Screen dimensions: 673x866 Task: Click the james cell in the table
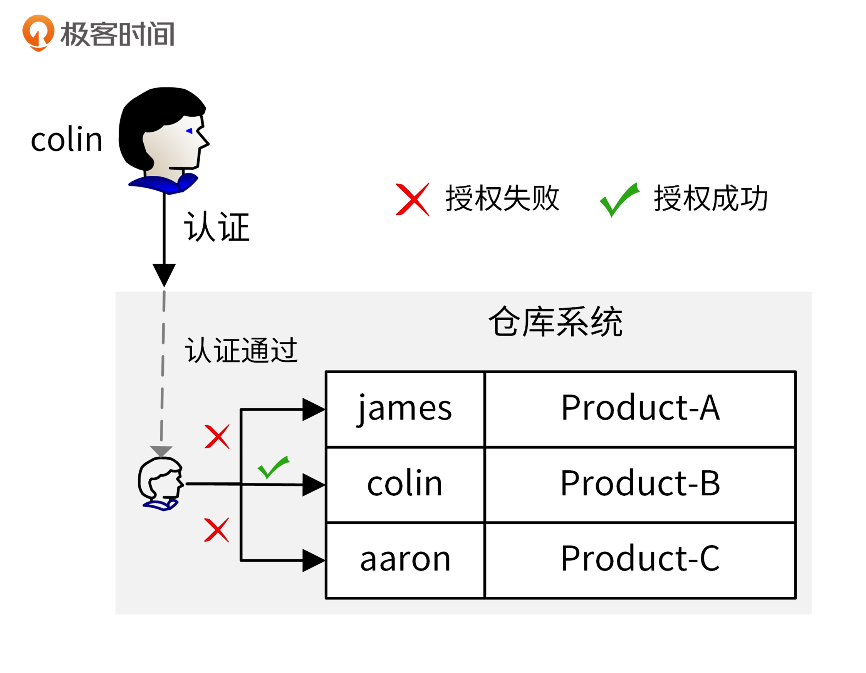405,408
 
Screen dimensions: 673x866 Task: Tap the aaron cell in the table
405,560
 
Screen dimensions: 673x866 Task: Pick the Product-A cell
640,408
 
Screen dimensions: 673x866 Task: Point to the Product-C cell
640,560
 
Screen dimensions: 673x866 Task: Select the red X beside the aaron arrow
216,530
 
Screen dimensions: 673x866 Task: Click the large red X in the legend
412,199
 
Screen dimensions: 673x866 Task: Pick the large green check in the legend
619,199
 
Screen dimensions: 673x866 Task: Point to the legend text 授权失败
502,198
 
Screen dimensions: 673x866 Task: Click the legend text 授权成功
711,198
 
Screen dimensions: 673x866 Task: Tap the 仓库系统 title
555,322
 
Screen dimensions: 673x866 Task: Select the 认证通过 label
241,350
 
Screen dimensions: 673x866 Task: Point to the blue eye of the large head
190,131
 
